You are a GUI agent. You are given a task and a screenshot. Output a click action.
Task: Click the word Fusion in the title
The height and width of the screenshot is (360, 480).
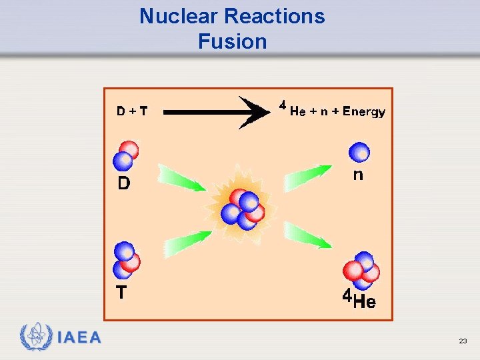tap(232, 41)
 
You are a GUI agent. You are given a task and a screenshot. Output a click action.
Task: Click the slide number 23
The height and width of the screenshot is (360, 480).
tap(463, 341)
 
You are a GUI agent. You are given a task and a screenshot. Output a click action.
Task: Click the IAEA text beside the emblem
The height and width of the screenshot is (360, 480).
tap(79, 337)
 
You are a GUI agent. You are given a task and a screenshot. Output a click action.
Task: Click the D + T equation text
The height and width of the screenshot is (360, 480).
tap(131, 112)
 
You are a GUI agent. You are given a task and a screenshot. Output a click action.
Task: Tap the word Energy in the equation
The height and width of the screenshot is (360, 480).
tap(364, 112)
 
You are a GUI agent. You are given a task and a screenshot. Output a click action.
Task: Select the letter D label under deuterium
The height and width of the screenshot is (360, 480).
tap(124, 183)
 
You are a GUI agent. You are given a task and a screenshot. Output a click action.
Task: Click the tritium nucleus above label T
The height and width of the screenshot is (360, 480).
tap(126, 260)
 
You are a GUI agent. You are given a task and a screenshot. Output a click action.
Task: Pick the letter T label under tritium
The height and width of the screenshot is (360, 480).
tap(121, 293)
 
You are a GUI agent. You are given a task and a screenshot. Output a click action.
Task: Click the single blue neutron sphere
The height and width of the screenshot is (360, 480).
tap(359, 152)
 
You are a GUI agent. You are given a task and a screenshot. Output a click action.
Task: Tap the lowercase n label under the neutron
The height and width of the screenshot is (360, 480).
tap(358, 175)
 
